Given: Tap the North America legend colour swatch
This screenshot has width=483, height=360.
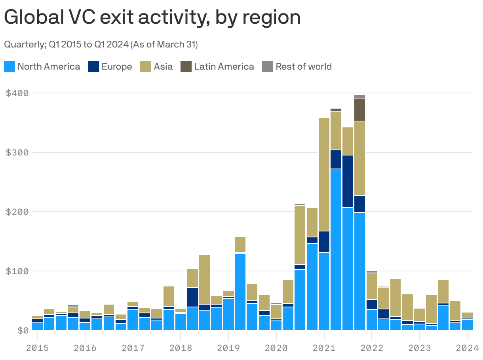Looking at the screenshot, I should [x=10, y=66].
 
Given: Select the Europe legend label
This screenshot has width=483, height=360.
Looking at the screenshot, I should [x=116, y=66].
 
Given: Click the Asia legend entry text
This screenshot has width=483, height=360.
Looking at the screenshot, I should [x=163, y=66].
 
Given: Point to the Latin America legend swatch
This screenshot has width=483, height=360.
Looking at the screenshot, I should [x=186, y=66].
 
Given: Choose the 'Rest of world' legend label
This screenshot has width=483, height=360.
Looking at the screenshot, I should [x=303, y=66].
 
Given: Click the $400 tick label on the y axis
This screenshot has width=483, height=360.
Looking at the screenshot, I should [x=17, y=93].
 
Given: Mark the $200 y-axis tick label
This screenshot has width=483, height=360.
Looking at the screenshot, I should [x=17, y=212].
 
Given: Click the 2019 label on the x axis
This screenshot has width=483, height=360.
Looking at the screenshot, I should [x=228, y=349].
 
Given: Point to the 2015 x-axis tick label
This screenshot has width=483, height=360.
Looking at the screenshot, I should [x=37, y=349].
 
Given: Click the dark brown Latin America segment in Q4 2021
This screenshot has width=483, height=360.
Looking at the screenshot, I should [x=359, y=110].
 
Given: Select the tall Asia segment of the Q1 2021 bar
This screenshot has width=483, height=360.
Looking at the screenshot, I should [x=324, y=174].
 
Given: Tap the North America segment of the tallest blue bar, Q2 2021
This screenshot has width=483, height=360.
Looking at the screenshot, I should [x=336, y=249].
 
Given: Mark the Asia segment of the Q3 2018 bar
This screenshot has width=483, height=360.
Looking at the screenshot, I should [x=205, y=279].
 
